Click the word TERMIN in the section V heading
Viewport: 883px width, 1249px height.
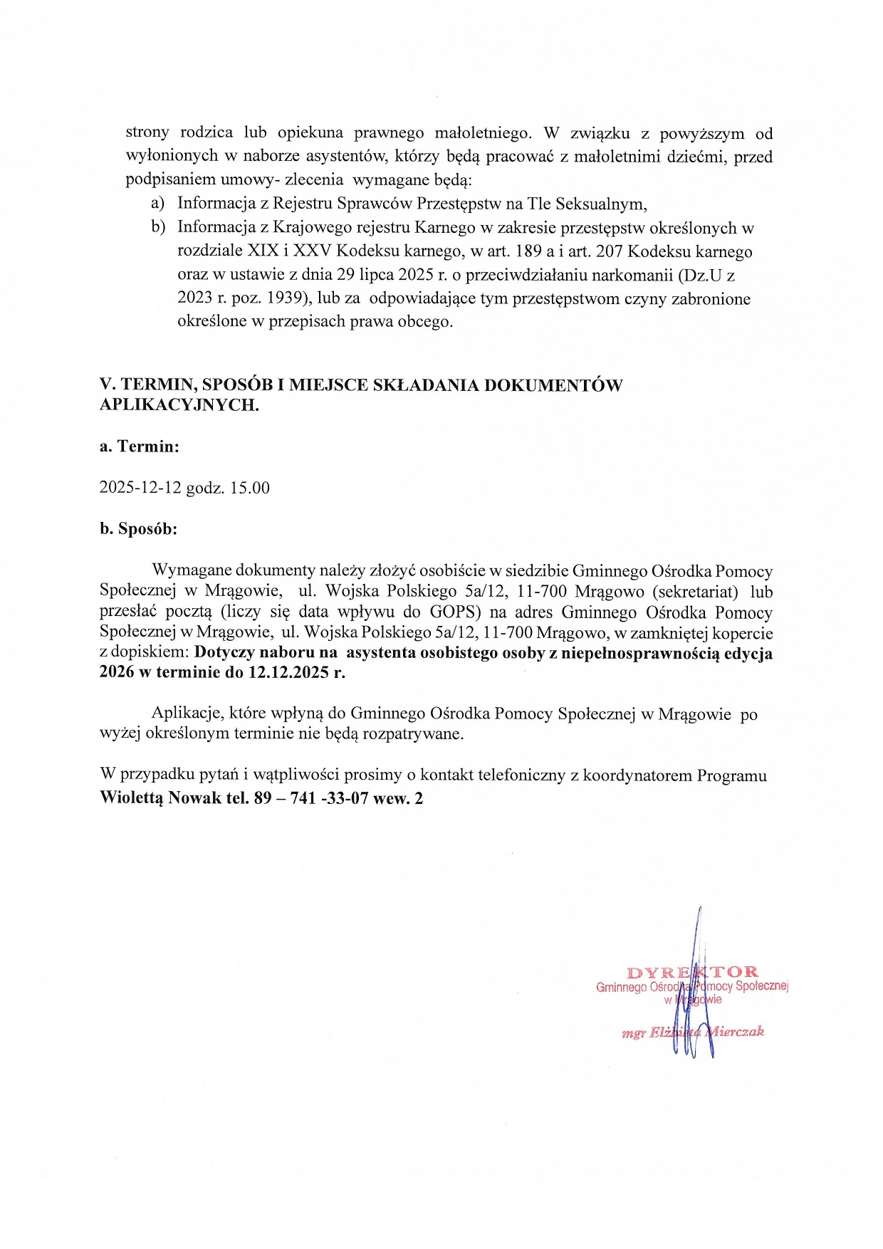(157, 385)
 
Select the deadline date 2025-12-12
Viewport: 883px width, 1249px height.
(140, 488)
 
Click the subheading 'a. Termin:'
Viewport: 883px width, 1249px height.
(140, 446)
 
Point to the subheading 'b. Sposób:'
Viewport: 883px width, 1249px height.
(138, 529)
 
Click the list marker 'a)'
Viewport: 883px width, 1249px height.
(158, 204)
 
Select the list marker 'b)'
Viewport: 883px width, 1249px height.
(158, 227)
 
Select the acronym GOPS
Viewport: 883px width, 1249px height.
(452, 612)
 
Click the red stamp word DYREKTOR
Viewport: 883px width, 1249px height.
(692, 972)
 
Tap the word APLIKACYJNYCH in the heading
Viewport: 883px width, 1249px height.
(179, 405)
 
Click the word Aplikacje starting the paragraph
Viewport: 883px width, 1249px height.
(188, 714)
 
